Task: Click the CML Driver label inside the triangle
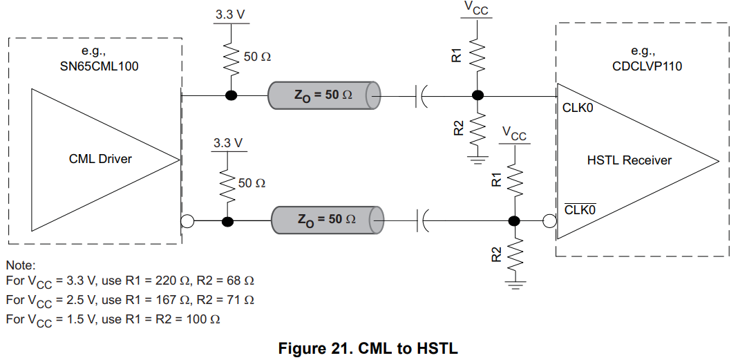point(100,159)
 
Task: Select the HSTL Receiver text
point(629,160)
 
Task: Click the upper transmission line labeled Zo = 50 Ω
point(324,95)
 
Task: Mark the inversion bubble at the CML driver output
point(185,221)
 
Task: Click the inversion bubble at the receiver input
point(550,221)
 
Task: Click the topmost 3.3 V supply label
point(228,13)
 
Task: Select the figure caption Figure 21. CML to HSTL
point(368,348)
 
